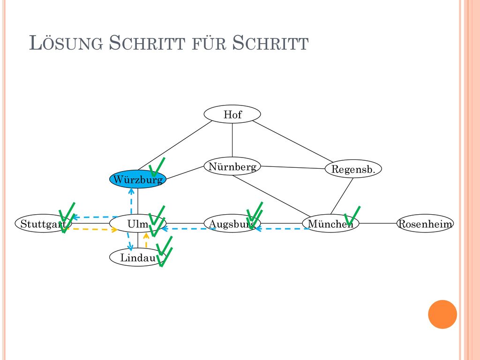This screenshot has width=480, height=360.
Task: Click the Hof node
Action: (232, 114)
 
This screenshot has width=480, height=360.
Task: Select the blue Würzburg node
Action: (138, 179)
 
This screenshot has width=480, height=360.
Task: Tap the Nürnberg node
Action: (232, 166)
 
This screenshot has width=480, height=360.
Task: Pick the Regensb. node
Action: (353, 169)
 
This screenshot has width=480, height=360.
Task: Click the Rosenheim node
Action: (425, 224)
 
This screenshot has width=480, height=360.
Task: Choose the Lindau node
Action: (138, 257)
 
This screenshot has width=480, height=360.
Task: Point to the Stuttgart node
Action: (43, 224)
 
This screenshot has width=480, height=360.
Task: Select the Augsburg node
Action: (232, 224)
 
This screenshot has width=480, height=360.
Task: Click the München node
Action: (330, 224)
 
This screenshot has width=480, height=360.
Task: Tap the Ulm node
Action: (138, 224)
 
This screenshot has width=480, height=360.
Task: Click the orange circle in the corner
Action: (442, 315)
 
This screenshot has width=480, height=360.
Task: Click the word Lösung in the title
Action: (66, 43)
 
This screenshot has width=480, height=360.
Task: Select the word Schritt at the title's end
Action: (270, 43)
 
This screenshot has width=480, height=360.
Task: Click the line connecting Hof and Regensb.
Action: (292, 142)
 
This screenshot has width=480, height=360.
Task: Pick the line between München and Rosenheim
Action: (378, 224)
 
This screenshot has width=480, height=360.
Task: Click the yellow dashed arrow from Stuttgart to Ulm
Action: (92, 229)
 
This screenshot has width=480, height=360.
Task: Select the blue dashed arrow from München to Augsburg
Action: (282, 229)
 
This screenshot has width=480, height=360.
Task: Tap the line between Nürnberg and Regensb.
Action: (292, 167)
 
